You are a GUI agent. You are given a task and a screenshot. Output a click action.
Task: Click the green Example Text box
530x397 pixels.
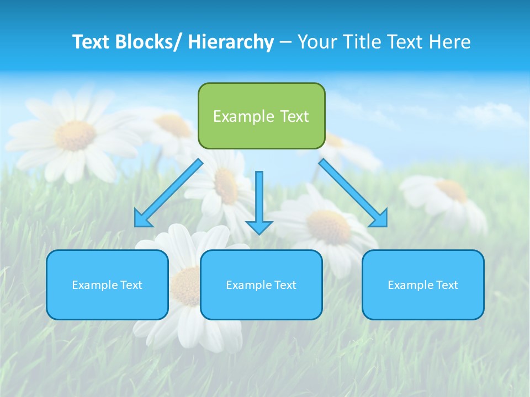pyautogui.click(x=261, y=116)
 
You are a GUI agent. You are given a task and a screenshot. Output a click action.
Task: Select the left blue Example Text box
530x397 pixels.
pyautogui.click(x=107, y=285)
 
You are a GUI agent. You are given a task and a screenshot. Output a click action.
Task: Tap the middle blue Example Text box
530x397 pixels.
pyautogui.click(x=261, y=285)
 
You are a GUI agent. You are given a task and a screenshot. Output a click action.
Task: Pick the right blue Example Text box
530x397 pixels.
pyautogui.click(x=423, y=285)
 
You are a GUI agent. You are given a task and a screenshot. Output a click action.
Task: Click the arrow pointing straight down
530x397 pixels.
pyautogui.click(x=259, y=202)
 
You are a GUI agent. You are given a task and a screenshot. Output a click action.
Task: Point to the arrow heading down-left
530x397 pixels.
pyautogui.click(x=168, y=193)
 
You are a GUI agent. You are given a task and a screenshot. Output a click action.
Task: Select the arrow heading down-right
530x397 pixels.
pyautogui.click(x=353, y=193)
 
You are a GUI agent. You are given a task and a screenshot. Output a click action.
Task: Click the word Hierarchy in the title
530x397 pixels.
pyautogui.click(x=231, y=42)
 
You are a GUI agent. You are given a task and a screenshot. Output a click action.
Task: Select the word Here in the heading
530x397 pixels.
pyautogui.click(x=451, y=42)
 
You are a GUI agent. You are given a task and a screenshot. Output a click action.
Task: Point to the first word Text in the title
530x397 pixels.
pyautogui.click(x=92, y=42)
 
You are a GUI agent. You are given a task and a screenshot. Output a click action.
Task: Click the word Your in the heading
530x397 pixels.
pyautogui.click(x=316, y=42)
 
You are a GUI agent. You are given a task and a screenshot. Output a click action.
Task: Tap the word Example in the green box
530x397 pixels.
pyautogui.click(x=243, y=116)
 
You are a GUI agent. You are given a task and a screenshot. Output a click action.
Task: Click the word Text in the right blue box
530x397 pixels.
pyautogui.click(x=446, y=285)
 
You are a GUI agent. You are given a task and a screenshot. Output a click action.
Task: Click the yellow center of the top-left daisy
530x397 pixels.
pyautogui.click(x=76, y=135)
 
